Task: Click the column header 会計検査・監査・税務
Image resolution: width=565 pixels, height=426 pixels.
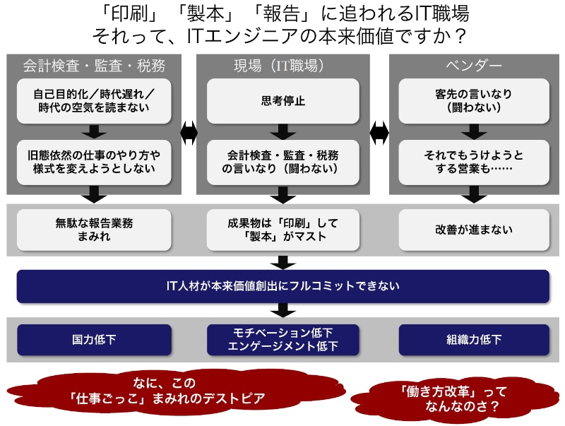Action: [94, 67]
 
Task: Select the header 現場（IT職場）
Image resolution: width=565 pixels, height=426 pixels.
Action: [282, 67]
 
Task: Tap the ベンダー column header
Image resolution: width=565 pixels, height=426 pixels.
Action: [474, 67]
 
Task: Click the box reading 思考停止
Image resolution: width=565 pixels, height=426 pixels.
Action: [282, 101]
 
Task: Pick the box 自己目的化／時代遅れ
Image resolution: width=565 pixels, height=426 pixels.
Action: [94, 101]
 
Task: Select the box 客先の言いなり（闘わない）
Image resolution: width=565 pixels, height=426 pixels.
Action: [474, 101]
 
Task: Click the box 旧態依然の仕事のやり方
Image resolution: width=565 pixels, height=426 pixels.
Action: [94, 162]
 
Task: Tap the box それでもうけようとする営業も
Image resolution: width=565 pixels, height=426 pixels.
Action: [474, 162]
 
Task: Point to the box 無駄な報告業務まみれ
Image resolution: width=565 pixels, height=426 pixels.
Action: [94, 230]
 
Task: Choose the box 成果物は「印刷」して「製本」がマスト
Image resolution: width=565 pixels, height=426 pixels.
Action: [282, 230]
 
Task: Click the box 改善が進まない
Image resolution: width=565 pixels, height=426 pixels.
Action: [474, 230]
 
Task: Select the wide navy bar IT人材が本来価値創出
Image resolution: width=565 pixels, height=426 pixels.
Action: [282, 286]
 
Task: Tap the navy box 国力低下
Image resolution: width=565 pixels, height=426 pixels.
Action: [94, 340]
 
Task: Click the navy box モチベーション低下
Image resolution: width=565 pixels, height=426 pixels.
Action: [282, 340]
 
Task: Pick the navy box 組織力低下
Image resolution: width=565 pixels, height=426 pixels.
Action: [474, 340]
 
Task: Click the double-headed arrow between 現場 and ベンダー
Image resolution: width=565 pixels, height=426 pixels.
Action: [380, 131]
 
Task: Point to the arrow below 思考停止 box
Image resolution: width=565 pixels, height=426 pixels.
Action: [282, 131]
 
